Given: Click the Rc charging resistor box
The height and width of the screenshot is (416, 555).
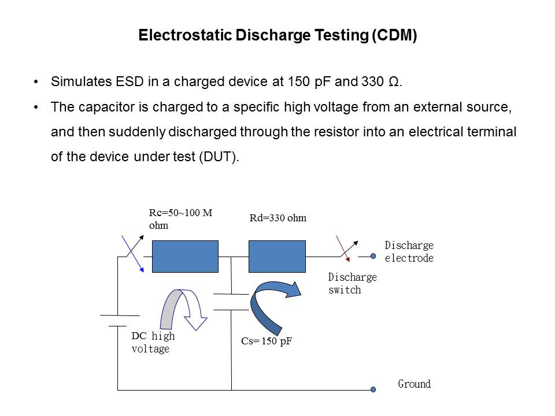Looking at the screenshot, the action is [185, 257].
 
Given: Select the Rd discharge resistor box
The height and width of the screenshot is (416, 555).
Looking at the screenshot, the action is [277, 257].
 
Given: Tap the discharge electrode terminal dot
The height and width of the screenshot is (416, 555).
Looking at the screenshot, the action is [373, 256].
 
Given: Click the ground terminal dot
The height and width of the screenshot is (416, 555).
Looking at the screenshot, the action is [373, 389].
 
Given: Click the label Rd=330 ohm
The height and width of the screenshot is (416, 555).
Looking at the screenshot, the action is [278, 218].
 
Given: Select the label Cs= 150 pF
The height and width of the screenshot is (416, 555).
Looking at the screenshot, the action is [267, 341].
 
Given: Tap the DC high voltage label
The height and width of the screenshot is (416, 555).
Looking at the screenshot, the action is [153, 342].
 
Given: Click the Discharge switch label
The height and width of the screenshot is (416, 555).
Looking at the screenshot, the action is [353, 283].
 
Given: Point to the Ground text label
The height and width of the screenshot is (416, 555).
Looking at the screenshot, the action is [415, 384].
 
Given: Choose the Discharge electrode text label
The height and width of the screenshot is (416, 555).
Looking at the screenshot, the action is [409, 251].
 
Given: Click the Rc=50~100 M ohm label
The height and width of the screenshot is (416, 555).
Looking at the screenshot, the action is [180, 219].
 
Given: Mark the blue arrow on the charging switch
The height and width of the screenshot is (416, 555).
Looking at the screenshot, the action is [133, 254].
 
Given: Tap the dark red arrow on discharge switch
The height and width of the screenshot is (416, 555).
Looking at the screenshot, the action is [343, 248].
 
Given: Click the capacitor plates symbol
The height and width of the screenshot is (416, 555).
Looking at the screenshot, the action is [231, 302].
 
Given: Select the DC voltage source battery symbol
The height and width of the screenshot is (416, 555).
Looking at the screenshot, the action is [120, 321].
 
